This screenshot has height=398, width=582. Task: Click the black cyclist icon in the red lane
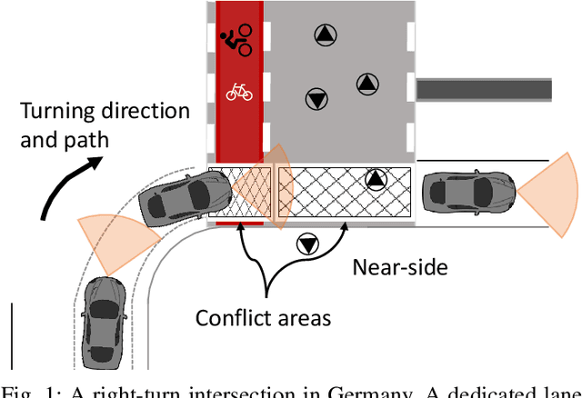coord(237,38)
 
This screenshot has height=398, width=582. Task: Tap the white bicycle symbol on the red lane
coord(238,91)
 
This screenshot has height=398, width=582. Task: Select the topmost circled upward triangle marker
coord(325,35)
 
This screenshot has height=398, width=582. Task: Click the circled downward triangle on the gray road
coord(316,97)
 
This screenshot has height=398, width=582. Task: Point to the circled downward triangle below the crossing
coord(307,244)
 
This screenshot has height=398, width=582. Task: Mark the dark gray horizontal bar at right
coord(484,88)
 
